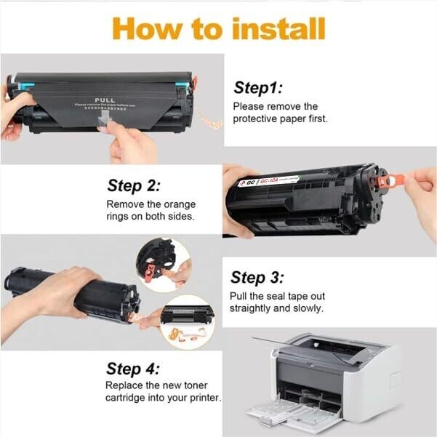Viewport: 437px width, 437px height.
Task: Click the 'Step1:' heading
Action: tap(256, 88)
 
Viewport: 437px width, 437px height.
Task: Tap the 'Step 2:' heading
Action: tap(134, 185)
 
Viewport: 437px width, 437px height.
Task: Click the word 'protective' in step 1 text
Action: tap(258, 119)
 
